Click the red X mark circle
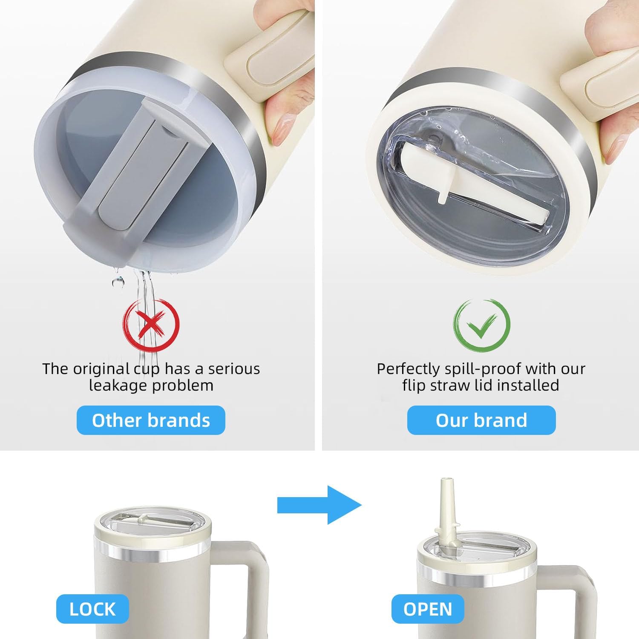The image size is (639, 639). (151, 325)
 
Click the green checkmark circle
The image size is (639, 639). (482, 325)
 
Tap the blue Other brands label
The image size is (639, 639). (151, 420)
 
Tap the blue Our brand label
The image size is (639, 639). (481, 420)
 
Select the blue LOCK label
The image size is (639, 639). (92, 609)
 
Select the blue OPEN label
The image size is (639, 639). (428, 609)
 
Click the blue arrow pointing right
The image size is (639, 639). (319, 505)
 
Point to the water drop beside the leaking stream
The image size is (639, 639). (118, 282)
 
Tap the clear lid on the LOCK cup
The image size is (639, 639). (151, 524)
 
